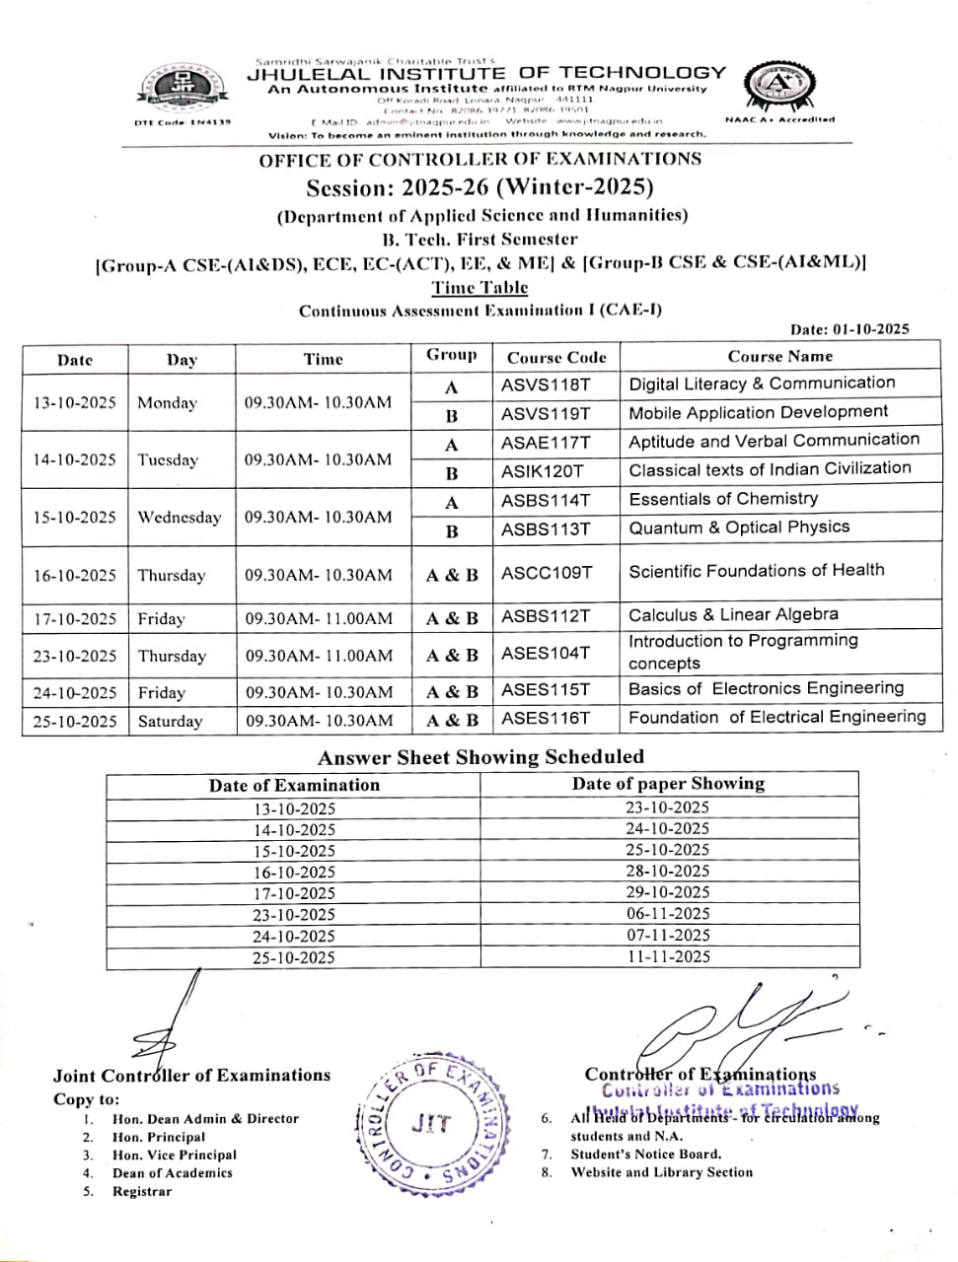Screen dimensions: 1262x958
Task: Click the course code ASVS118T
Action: click(x=546, y=385)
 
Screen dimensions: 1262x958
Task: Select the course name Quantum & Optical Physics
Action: click(x=739, y=527)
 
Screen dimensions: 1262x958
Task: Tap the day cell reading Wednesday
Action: click(x=180, y=518)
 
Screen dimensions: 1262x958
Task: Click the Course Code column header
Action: click(x=556, y=358)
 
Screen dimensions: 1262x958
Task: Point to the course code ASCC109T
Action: click(x=547, y=572)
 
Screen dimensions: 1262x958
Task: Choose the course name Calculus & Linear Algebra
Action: click(x=733, y=615)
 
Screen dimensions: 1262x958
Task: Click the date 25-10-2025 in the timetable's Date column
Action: click(x=75, y=722)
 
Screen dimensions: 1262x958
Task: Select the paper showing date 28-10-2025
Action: click(x=668, y=872)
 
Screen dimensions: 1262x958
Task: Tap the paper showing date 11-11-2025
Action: click(x=668, y=956)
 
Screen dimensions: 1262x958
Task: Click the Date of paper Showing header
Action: click(x=668, y=784)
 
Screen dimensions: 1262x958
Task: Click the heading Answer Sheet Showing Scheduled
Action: click(x=480, y=757)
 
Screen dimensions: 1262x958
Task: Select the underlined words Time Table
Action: click(x=479, y=288)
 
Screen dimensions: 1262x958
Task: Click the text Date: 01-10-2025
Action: click(x=849, y=329)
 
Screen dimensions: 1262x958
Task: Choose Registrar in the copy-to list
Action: click(x=142, y=1192)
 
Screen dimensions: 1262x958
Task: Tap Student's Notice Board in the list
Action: click(x=646, y=1155)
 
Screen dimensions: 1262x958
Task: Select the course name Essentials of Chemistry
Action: click(x=723, y=499)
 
